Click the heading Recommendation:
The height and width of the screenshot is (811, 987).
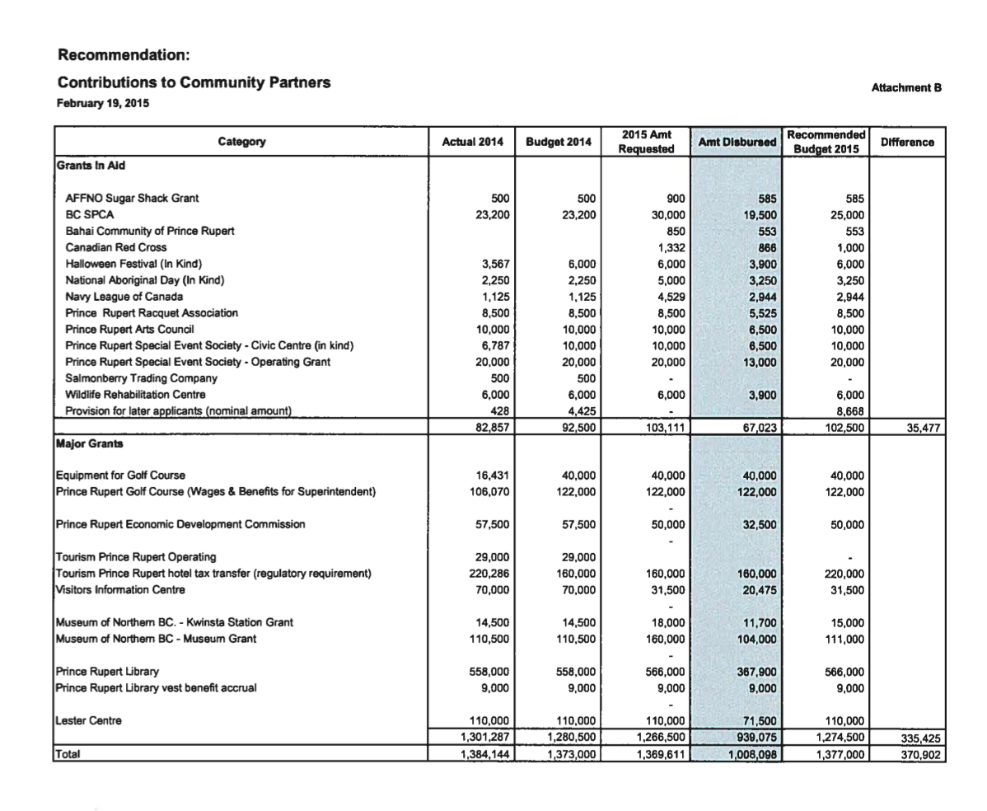coord(124,56)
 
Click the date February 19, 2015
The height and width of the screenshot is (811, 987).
coord(103,105)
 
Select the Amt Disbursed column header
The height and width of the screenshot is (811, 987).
coord(737,142)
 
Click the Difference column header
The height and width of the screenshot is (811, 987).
coord(907,142)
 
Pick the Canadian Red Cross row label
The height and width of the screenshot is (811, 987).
coord(115,247)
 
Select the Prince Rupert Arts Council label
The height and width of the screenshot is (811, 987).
coord(129,330)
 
